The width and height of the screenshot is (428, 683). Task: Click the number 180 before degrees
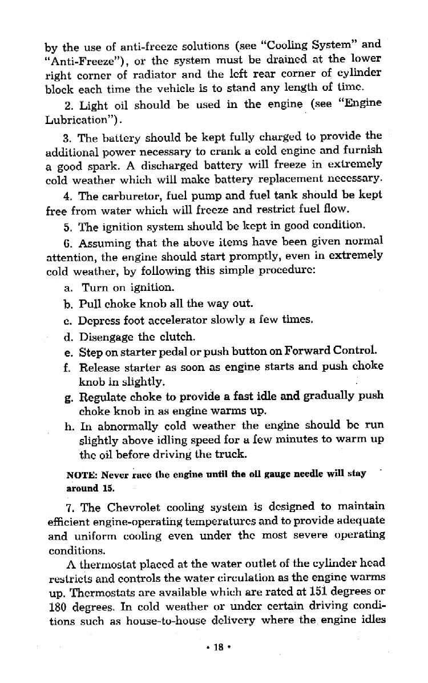point(55,608)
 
